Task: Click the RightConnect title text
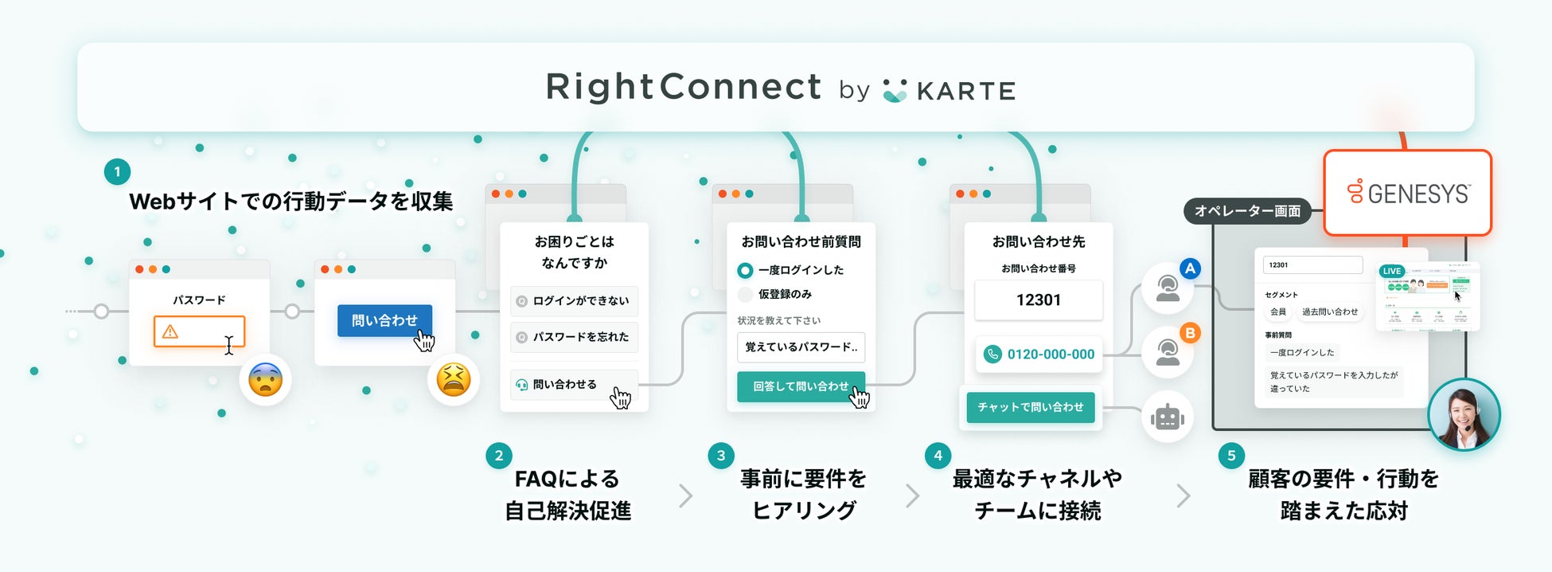coord(683,87)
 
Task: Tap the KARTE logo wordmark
coord(965,92)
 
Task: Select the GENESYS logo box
coord(1407,193)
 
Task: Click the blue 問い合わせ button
coord(384,320)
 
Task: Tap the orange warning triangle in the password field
coord(170,332)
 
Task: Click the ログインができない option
coord(574,301)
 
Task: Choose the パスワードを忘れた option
coord(574,337)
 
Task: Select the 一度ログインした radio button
coord(745,270)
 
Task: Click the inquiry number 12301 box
coord(1038,300)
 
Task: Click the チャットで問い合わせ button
coord(1030,407)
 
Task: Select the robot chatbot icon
coord(1167,417)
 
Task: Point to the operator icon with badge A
coord(1168,288)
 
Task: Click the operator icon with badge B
coord(1168,351)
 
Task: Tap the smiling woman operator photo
coord(1463,414)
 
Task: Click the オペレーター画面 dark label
coord(1247,211)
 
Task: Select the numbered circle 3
coord(721,456)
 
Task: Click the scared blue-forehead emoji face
coord(265,380)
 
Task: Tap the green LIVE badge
coord(1392,271)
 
